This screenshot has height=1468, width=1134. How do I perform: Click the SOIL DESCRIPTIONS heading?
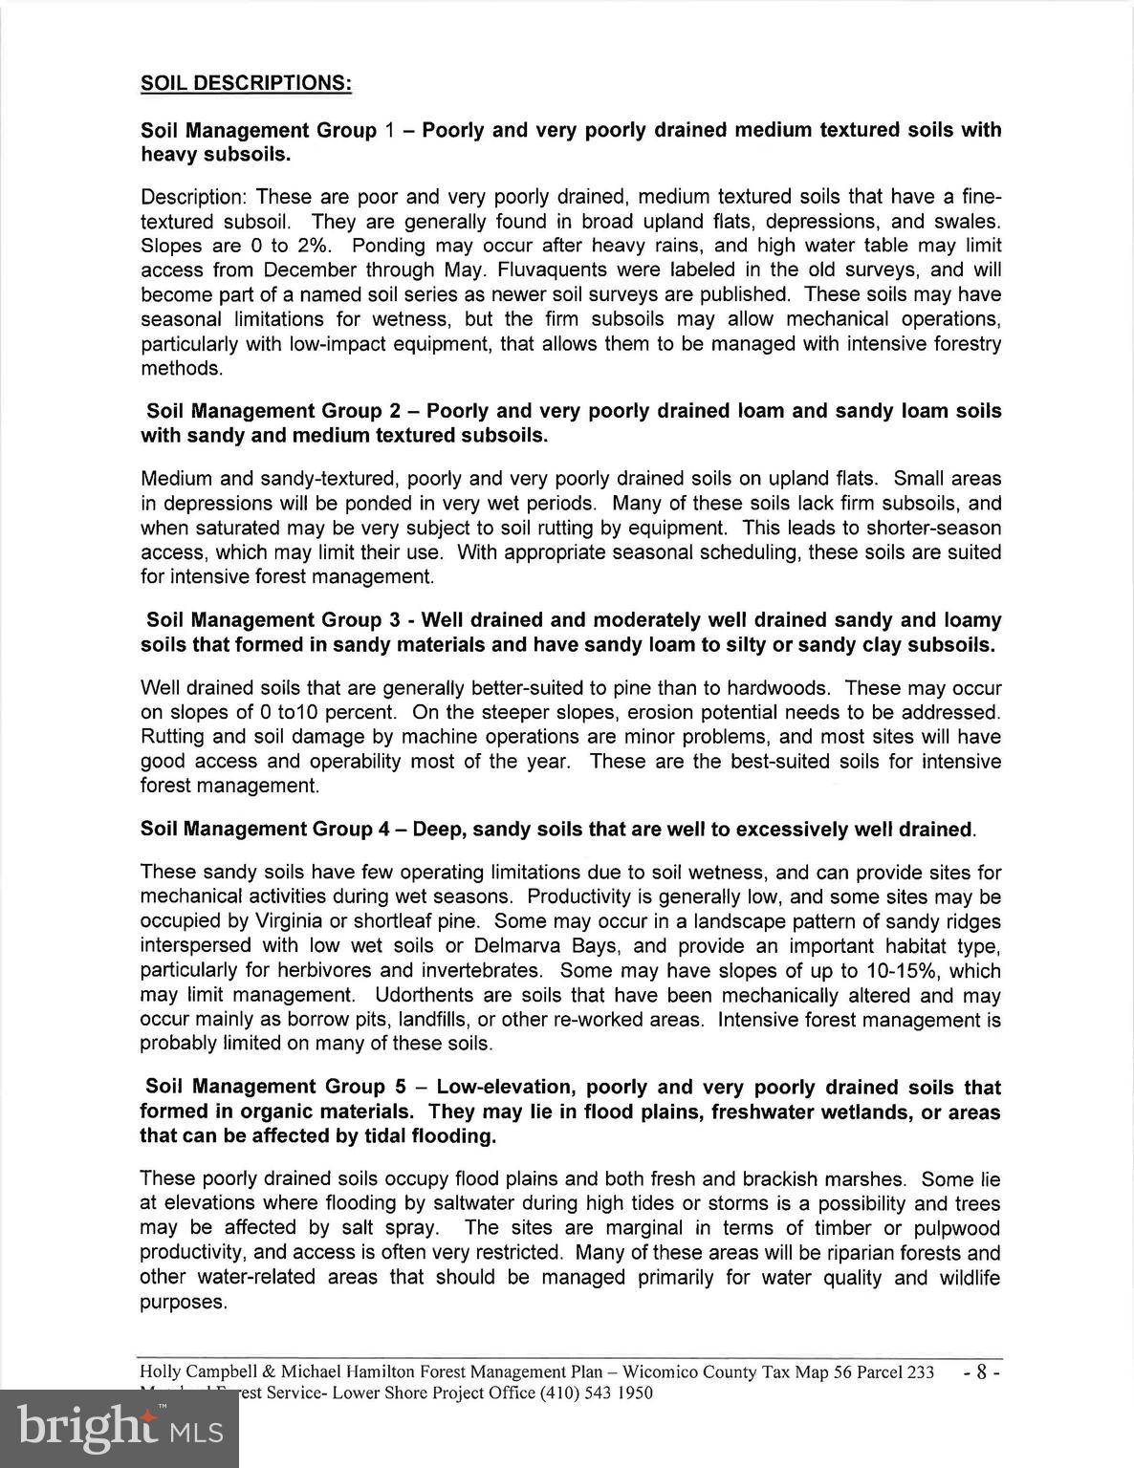click(x=247, y=83)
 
